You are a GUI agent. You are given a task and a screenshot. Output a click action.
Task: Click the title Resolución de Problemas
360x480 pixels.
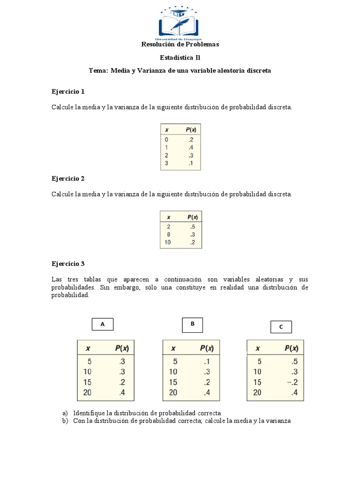(x=180, y=45)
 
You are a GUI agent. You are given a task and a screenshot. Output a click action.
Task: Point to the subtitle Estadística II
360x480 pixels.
(x=180, y=58)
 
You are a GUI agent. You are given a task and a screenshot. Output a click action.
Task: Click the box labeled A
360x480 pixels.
(x=102, y=324)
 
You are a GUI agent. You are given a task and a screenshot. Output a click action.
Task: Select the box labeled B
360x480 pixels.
(x=192, y=324)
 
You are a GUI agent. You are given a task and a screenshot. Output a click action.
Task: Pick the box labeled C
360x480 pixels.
(x=281, y=327)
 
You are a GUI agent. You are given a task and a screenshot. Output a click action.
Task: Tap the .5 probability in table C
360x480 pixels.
(x=294, y=361)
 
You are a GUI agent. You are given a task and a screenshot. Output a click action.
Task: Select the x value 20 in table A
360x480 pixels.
(x=87, y=393)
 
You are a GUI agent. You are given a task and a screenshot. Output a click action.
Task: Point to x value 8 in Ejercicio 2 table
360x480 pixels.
(x=169, y=234)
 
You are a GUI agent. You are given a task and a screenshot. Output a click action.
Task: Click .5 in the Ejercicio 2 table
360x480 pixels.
(x=192, y=226)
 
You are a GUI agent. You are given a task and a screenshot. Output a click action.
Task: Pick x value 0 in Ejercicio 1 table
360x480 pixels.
(x=166, y=140)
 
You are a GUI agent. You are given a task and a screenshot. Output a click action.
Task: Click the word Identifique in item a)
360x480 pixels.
(x=89, y=413)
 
